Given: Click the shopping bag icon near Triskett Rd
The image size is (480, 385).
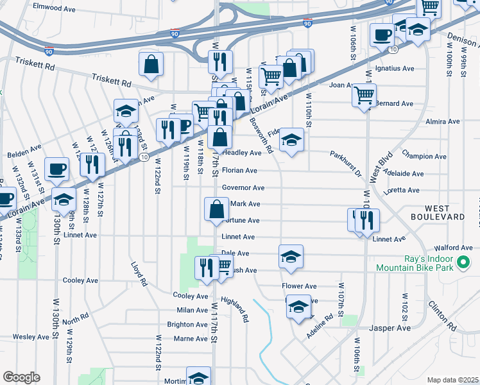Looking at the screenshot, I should (151, 64).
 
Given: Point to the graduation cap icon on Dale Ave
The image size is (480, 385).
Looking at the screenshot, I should (291, 256).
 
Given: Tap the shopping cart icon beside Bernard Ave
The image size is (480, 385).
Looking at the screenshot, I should (364, 96).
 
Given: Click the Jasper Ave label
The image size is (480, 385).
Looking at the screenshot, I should (390, 328).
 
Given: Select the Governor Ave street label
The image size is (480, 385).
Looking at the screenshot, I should (243, 188).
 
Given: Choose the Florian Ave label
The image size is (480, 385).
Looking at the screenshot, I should (239, 171).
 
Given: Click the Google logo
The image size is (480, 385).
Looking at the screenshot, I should (22, 377).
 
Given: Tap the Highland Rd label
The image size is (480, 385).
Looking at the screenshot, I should (235, 309).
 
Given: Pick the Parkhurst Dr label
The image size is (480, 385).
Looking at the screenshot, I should (347, 165).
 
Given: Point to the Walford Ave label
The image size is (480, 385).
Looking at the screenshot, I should (453, 248).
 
